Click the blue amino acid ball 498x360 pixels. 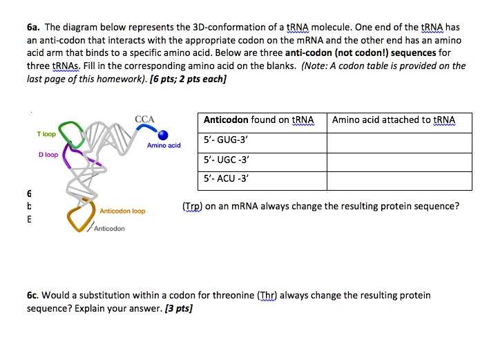click(x=163, y=135)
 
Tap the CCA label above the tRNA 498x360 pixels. click(x=144, y=119)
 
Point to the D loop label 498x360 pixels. click(x=48, y=155)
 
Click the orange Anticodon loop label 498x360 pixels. click(x=122, y=211)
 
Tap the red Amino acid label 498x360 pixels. click(x=164, y=145)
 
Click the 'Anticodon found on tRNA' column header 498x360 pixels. click(x=260, y=120)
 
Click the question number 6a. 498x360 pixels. click(x=35, y=27)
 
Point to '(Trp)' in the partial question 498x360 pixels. click(x=193, y=206)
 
